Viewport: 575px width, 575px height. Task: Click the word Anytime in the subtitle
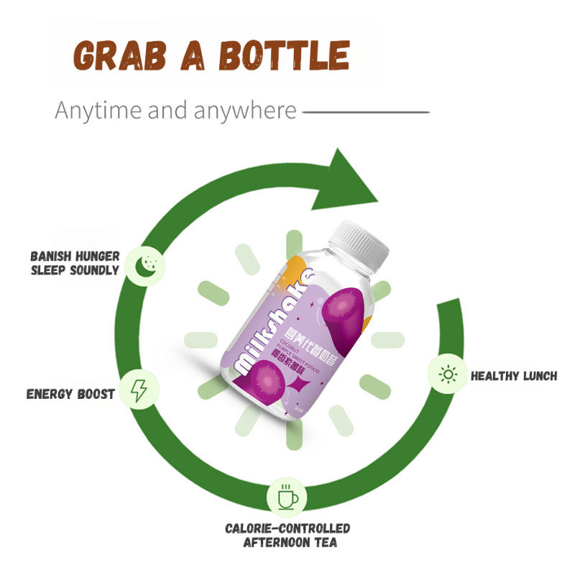tap(96, 111)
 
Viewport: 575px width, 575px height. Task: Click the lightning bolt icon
tap(139, 390)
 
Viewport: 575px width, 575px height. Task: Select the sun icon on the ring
tap(448, 374)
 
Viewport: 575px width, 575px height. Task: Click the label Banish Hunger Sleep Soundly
tap(75, 262)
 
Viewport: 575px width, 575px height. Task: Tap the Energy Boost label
tap(70, 395)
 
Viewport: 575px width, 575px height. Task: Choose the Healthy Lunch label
tap(513, 376)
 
